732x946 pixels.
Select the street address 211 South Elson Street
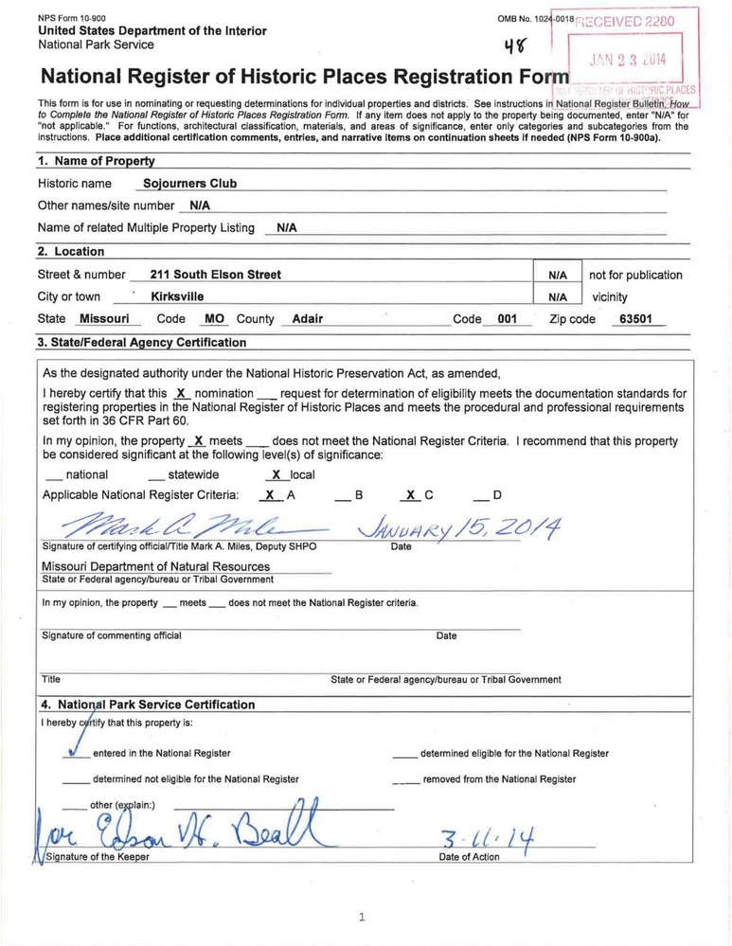(x=208, y=275)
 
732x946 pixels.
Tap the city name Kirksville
(x=177, y=296)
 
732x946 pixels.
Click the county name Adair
(x=307, y=319)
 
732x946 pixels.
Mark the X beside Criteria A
(x=270, y=494)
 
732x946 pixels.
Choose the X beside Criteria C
(x=409, y=494)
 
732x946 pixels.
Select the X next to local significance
(x=276, y=474)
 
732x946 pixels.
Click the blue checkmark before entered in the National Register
(x=72, y=752)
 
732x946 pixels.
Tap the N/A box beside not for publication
(x=558, y=275)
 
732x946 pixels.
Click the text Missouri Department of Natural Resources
(x=155, y=566)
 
